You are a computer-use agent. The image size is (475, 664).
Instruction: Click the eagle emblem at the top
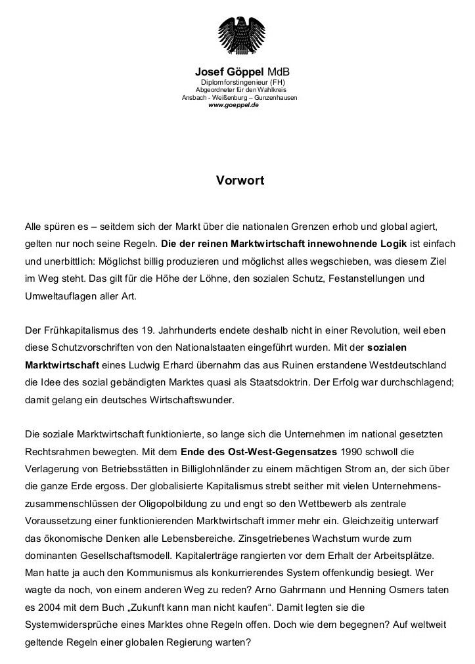[x=240, y=33]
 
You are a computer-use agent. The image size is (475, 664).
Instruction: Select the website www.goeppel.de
[x=233, y=105]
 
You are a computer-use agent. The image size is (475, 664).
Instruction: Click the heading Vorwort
[x=240, y=180]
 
